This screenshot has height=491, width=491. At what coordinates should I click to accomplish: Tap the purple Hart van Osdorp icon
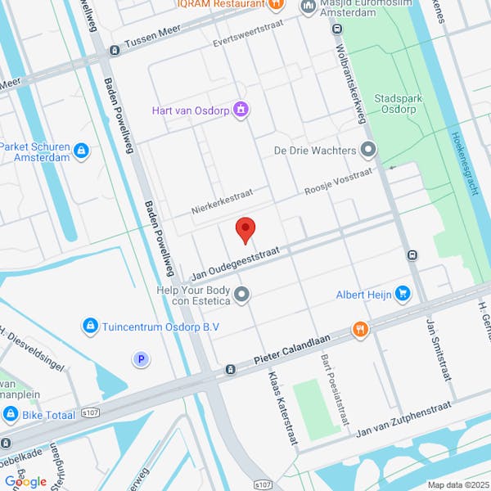click(241, 110)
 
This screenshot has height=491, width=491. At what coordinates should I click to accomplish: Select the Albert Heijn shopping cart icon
click(402, 293)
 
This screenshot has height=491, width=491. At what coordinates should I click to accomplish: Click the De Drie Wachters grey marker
click(368, 150)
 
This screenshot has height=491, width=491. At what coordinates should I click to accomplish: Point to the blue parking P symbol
click(142, 359)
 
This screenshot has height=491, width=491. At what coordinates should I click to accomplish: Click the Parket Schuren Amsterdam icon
click(80, 151)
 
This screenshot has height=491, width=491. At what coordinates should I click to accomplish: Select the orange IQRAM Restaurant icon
click(277, 5)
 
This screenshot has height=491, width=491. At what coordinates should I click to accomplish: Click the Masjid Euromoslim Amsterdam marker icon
click(309, 7)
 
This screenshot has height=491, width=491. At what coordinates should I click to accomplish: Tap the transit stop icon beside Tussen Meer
click(113, 51)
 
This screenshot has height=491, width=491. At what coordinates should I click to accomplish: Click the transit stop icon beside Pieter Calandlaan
click(231, 369)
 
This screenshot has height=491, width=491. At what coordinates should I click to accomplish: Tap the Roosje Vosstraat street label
click(338, 182)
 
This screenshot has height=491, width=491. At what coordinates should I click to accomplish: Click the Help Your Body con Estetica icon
click(241, 294)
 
